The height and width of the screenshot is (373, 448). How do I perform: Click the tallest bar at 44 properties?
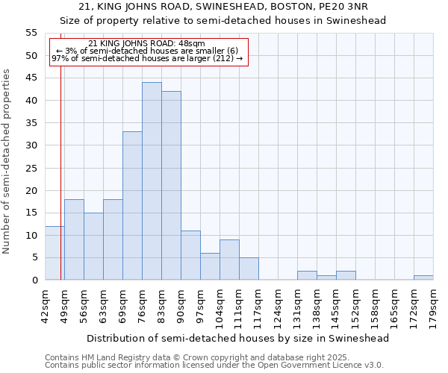click(x=152, y=181)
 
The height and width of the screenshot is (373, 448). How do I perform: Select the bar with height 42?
click(x=171, y=186)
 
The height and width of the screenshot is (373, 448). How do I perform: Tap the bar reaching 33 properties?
click(x=132, y=206)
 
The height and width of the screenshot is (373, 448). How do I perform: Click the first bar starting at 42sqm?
click(x=55, y=253)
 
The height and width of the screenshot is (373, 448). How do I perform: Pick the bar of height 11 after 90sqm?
click(x=190, y=255)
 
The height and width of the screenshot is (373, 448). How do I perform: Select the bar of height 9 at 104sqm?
click(x=229, y=260)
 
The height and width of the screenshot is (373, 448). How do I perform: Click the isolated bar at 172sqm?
click(x=423, y=278)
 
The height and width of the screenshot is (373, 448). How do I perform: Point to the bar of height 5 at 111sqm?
click(x=249, y=269)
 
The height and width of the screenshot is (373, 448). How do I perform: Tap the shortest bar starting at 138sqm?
click(x=326, y=278)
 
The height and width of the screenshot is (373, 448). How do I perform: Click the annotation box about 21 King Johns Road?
click(x=148, y=51)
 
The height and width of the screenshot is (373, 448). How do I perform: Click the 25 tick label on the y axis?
click(x=31, y=168)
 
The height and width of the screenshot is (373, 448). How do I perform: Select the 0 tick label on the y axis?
click(x=34, y=280)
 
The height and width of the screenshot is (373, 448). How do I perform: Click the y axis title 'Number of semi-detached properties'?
click(x=7, y=161)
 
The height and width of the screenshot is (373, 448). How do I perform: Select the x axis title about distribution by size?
click(x=238, y=338)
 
